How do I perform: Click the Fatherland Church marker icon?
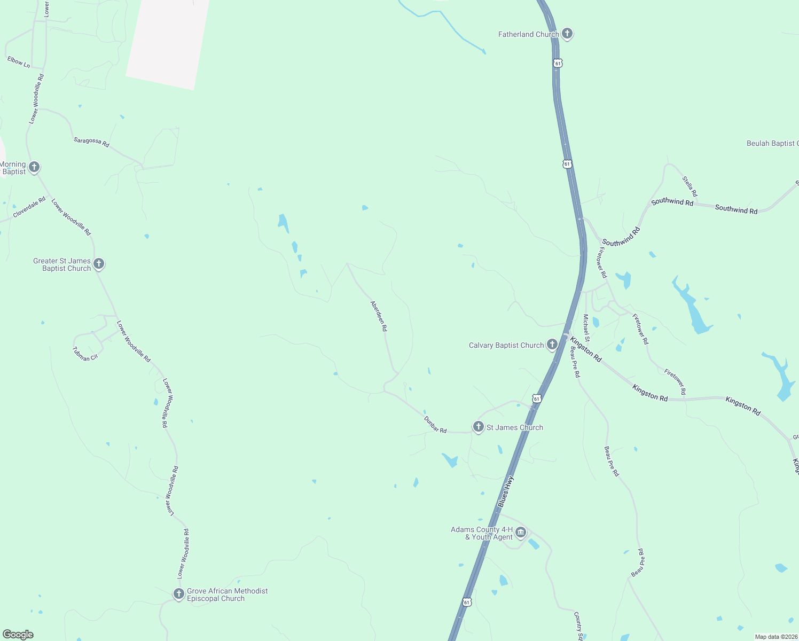(567, 34)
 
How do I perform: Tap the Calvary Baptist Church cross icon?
(552, 345)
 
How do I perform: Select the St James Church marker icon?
(479, 427)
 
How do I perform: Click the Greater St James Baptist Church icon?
(99, 264)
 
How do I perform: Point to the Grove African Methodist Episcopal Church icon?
(179, 594)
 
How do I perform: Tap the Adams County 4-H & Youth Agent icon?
(521, 533)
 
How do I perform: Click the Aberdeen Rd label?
(379, 316)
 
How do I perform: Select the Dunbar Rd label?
(435, 425)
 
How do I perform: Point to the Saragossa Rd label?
(91, 142)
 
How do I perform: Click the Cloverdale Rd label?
(29, 207)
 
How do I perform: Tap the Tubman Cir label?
(85, 354)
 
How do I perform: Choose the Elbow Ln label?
(19, 62)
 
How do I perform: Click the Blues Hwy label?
(505, 491)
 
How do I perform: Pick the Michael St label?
(586, 328)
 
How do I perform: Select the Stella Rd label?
(690, 186)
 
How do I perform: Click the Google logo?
(18, 635)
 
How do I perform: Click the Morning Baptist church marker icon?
(34, 168)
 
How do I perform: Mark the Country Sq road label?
(578, 626)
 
